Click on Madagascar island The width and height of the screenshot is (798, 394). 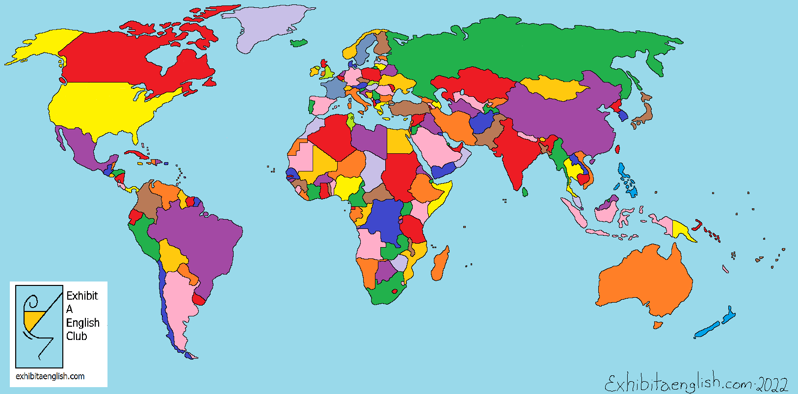click(440, 264)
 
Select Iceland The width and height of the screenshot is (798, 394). click(298, 43)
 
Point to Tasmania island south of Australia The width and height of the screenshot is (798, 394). click(658, 325)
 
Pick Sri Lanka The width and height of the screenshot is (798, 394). click(525, 191)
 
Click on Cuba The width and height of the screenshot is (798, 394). click(135, 155)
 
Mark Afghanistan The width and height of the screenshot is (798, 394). click(482, 122)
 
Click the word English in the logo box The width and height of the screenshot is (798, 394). click(83, 323)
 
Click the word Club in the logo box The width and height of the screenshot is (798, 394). click(77, 336)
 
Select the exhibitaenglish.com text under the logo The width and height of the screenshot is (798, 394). click(50, 376)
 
